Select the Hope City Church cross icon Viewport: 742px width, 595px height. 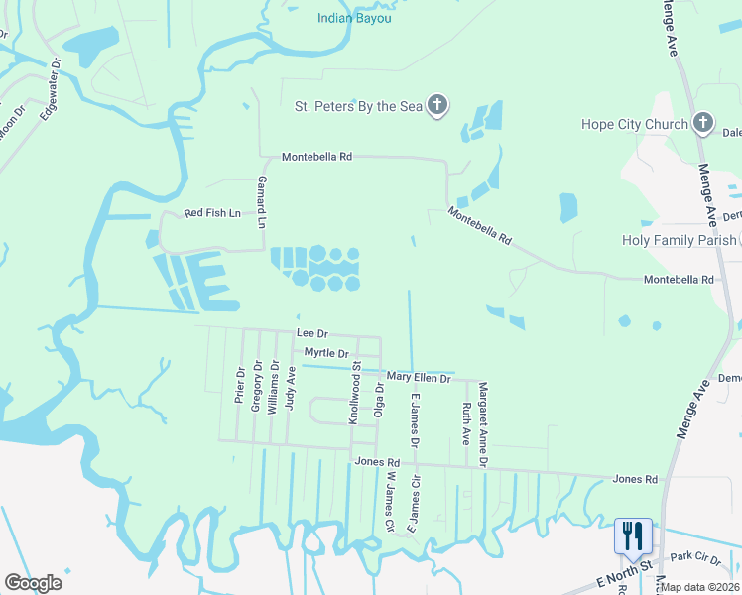point(702,123)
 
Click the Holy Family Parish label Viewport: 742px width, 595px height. point(679,240)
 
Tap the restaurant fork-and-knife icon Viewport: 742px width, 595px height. point(632,535)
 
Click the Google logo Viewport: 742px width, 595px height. point(33,582)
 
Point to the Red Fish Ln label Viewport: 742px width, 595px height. point(213,213)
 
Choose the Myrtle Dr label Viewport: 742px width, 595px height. point(326,353)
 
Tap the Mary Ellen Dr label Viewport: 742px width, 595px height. point(419,377)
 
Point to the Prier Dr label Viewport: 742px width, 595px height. point(239,386)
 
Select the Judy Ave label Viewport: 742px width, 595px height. point(291,387)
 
